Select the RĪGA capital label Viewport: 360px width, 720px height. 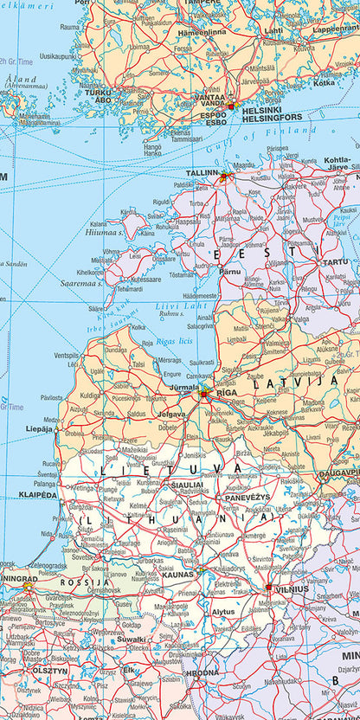(227, 392)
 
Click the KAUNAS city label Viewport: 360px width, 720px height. (177, 575)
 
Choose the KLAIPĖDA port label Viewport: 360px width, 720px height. (38, 495)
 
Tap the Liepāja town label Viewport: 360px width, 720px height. (39, 427)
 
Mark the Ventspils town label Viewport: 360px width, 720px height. (66, 356)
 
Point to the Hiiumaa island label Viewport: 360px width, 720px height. (103, 232)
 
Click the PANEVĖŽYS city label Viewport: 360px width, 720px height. (248, 498)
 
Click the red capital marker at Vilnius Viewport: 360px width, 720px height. (269, 588)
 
